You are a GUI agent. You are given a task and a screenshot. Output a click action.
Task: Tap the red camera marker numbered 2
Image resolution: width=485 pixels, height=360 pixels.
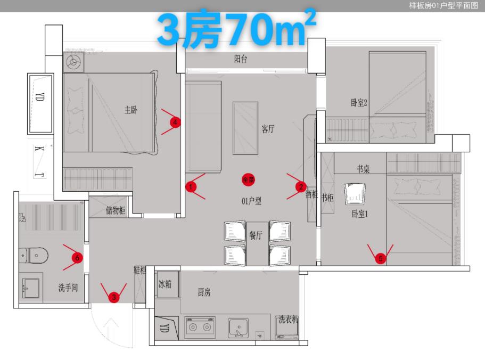pyautogui.click(x=301, y=186)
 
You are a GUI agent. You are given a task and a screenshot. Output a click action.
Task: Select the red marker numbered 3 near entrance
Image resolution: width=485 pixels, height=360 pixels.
pyautogui.click(x=113, y=297)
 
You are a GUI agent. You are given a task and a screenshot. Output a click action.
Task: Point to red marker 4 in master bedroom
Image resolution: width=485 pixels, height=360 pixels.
pyautogui.click(x=174, y=122)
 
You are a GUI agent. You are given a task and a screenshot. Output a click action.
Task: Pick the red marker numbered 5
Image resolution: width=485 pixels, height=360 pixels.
pyautogui.click(x=380, y=259)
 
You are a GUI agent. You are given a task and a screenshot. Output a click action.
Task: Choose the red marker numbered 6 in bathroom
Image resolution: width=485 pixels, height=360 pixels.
pyautogui.click(x=77, y=258)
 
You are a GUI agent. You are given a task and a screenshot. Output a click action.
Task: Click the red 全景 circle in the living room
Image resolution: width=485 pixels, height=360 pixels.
pyautogui.click(x=248, y=180)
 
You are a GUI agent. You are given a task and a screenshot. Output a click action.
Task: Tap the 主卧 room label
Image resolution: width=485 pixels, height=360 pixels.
pyautogui.click(x=131, y=110)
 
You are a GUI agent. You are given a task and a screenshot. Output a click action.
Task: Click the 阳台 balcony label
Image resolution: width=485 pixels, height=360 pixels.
pyautogui.click(x=241, y=59)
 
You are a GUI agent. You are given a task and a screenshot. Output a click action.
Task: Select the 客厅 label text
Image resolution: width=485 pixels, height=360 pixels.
pyautogui.click(x=268, y=128)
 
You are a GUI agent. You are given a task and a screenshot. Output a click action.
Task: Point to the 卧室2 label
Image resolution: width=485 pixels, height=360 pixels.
pyautogui.click(x=360, y=103)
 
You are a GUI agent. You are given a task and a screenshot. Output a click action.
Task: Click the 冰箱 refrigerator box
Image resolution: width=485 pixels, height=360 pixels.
pyautogui.click(x=165, y=284)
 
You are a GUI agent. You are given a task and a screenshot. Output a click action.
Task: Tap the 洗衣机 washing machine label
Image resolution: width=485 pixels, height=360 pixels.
pyautogui.click(x=288, y=320)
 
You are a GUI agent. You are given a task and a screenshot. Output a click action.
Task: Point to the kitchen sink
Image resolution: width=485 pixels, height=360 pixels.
pyautogui.click(x=238, y=327)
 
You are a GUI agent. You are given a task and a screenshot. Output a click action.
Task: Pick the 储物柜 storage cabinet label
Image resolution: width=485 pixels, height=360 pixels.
pyautogui.click(x=116, y=211)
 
